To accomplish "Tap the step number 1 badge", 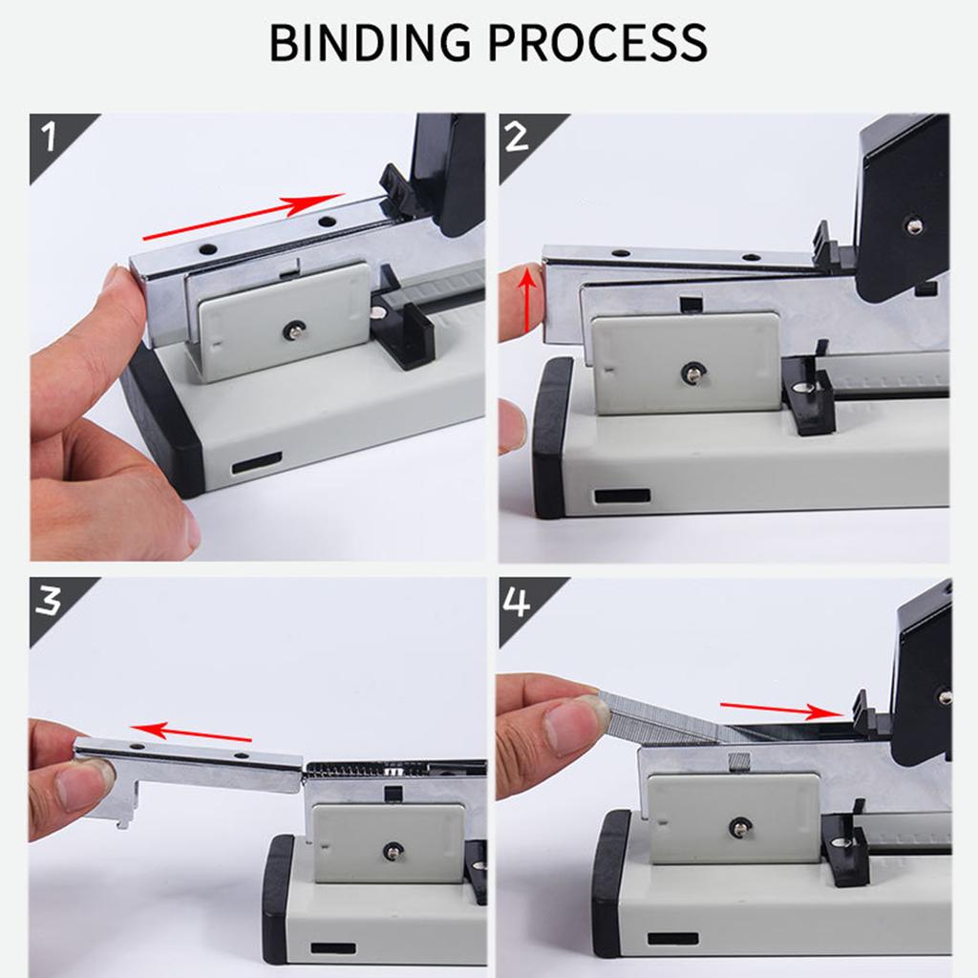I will click(53, 138).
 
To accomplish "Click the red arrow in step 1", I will click(243, 217).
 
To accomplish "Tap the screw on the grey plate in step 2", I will click(688, 372).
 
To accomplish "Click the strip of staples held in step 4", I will click(669, 721).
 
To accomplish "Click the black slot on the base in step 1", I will click(256, 464).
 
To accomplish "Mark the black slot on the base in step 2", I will click(621, 497).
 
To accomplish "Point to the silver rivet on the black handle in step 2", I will click(914, 226).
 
